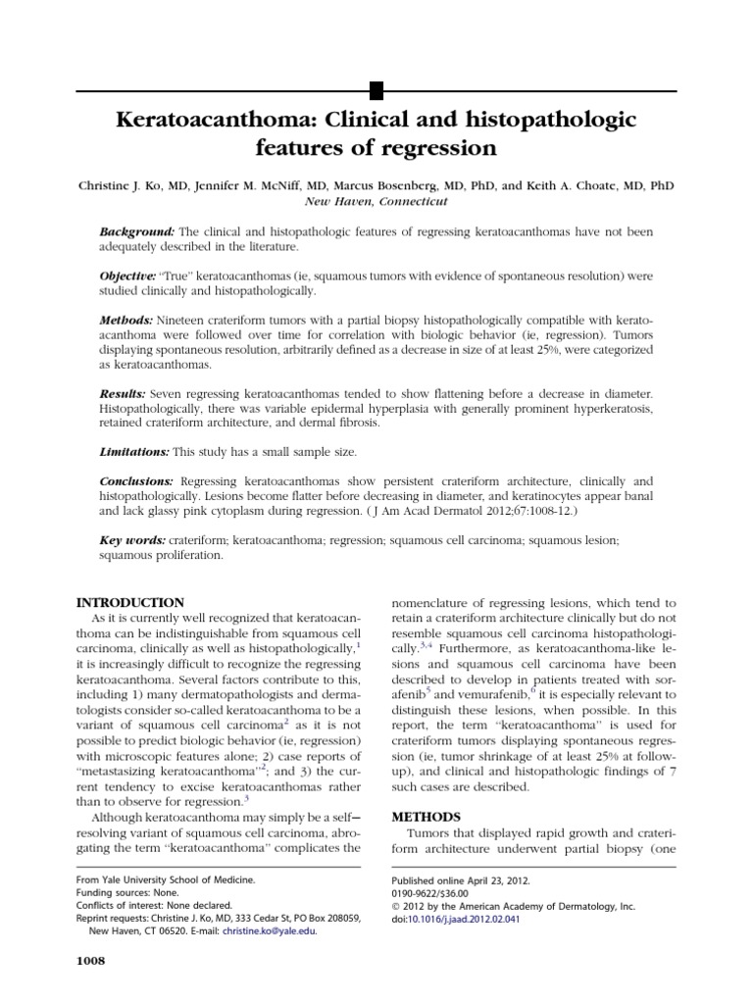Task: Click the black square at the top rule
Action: [375, 91]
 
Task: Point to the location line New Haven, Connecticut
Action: [376, 201]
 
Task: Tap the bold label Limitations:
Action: [135, 453]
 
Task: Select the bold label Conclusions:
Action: [137, 481]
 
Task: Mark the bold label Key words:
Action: [132, 540]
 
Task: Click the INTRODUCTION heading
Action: [129, 602]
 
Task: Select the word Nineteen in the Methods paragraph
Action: [183, 321]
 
